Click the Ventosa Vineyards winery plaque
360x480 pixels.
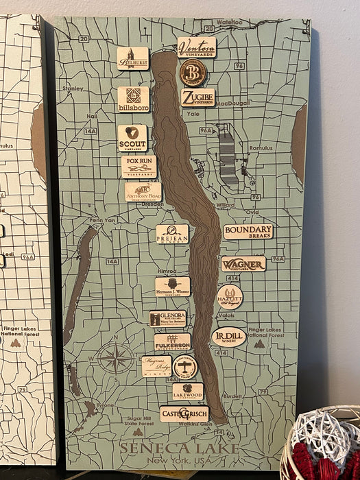pos(196,47)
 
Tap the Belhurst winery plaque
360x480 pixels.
pos(132,58)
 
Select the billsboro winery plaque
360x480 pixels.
pos(133,99)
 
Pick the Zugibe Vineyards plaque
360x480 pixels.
pos(197,97)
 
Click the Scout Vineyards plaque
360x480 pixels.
pos(132,137)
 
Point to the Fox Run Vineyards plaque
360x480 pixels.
pos(139,166)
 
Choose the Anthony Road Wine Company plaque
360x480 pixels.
pos(143,191)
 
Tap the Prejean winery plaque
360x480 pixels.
pos(172,234)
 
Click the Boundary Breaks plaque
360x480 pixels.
pos(248,232)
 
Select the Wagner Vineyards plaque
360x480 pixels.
pos(243,264)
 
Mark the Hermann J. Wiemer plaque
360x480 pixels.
pos(172,287)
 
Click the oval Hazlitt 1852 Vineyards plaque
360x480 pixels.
pos(230,297)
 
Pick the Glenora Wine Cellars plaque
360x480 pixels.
pos(167,318)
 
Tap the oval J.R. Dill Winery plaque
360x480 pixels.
pos(228,337)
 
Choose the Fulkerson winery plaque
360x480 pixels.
pos(172,341)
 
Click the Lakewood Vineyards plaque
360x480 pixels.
pos(187,392)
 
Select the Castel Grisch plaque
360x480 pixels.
pos(184,413)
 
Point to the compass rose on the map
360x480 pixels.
pos(115,358)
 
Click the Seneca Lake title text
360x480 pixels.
pos(179,448)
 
